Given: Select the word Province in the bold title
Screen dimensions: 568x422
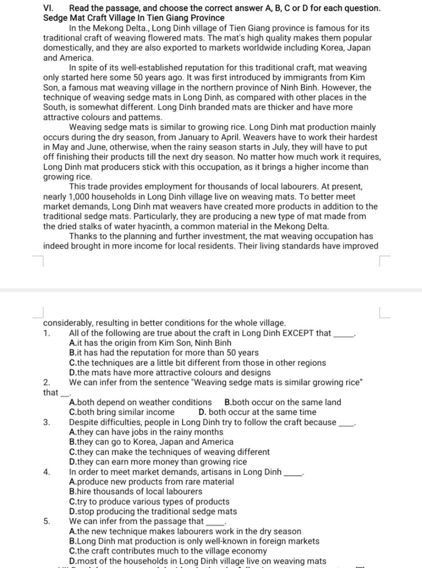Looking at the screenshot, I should click(x=208, y=18).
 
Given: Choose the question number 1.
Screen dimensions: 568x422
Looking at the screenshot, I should click(x=47, y=333).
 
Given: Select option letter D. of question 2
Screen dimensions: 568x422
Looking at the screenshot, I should click(x=202, y=412).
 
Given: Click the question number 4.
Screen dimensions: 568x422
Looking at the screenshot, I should click(x=47, y=472).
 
